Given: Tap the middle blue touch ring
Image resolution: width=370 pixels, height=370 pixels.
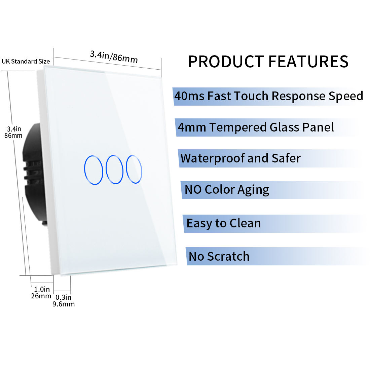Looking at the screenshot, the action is [106, 170].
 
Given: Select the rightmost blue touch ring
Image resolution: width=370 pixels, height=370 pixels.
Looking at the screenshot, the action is [126, 169].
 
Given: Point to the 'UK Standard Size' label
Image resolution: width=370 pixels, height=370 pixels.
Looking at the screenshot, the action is [26, 61].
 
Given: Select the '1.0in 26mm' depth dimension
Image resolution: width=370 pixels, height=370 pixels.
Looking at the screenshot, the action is [41, 293].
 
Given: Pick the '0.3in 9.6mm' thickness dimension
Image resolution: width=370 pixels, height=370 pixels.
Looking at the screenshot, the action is [64, 301].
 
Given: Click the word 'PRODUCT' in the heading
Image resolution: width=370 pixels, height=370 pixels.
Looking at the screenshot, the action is [226, 62].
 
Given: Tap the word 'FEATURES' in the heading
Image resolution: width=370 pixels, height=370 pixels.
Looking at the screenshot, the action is [308, 62].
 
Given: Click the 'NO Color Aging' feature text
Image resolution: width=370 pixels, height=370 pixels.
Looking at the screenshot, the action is [227, 190].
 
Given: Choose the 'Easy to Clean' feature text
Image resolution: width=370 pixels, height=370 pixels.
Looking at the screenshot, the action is [224, 223].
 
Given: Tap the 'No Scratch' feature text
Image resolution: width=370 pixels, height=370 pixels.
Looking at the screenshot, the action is [219, 257].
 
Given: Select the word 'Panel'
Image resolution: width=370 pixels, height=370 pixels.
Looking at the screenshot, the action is [318, 127].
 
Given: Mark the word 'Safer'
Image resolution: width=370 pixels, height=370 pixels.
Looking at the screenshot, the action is [286, 158].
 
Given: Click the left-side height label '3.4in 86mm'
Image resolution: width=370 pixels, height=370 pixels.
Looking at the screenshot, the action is [13, 132].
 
